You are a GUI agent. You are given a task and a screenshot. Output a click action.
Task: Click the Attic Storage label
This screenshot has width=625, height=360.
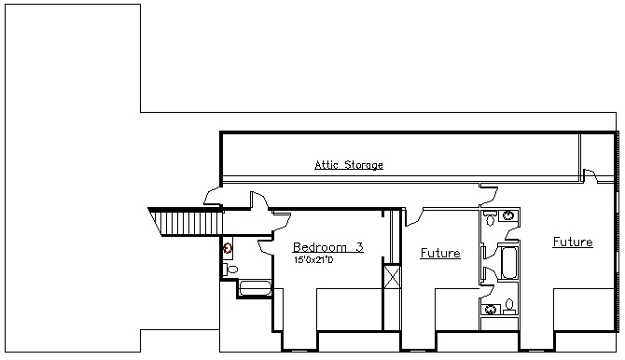click(349, 165)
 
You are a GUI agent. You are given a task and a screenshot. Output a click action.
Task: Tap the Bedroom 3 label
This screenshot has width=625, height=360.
click(328, 247)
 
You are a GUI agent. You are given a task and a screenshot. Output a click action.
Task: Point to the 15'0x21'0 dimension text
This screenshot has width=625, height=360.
click(313, 260)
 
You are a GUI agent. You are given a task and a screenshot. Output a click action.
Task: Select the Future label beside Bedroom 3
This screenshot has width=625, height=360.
click(440, 253)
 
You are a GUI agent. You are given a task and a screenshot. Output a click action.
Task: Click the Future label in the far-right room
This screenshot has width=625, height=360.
click(573, 242)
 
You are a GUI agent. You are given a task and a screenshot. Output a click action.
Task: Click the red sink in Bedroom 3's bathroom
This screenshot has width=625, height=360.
click(228, 250)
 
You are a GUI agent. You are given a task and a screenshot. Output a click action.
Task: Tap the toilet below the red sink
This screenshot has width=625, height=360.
click(230, 270)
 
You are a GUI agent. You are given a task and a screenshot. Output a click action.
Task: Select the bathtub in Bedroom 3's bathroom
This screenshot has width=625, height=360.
click(255, 288)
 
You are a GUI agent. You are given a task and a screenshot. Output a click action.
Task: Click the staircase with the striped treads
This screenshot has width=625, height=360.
click(186, 222)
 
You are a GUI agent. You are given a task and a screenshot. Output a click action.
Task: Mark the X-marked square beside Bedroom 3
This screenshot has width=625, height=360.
click(392, 276)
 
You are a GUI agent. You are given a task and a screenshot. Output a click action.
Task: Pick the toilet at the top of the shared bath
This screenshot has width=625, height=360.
click(490, 218)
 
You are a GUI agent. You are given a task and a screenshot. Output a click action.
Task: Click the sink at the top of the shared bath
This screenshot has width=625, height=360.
click(508, 215)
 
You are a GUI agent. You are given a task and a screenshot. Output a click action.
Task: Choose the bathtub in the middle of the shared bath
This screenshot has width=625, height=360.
click(509, 263)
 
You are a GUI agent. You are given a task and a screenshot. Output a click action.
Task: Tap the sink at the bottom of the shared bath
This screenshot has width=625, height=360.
click(491, 310)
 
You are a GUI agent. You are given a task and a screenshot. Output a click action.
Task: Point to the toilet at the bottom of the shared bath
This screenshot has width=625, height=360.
click(509, 307)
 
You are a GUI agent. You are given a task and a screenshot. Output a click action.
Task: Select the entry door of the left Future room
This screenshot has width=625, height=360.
click(414, 217)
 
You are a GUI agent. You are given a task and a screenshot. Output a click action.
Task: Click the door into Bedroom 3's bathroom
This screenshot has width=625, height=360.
click(266, 247)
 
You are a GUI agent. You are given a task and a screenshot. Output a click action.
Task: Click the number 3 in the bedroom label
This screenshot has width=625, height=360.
click(359, 247)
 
